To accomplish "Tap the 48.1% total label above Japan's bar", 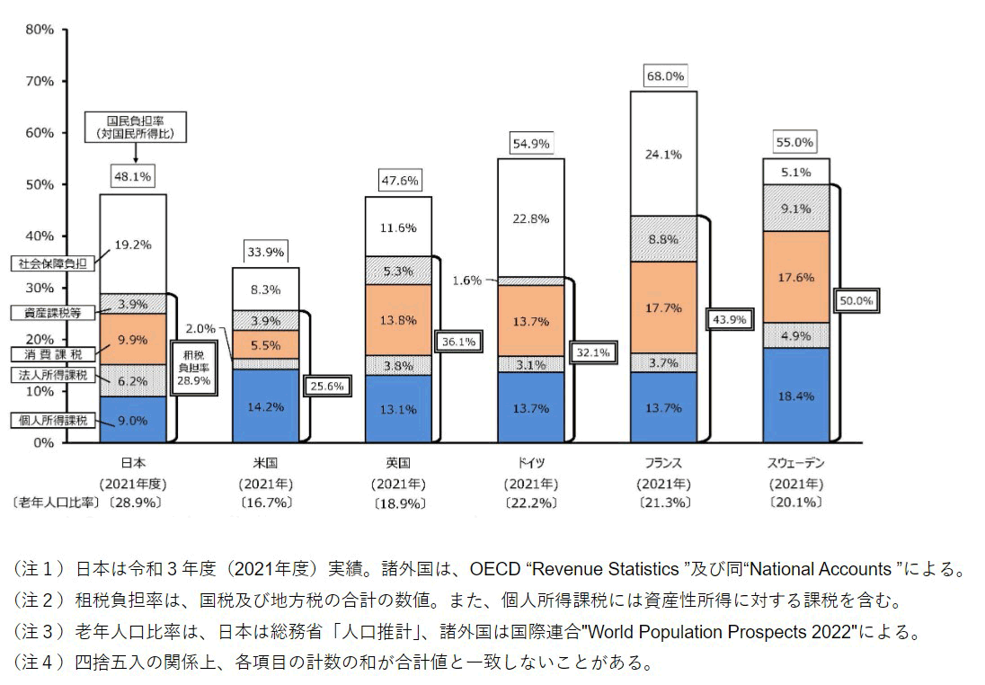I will pyautogui.click(x=132, y=176).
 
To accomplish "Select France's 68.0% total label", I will pyautogui.click(x=665, y=76).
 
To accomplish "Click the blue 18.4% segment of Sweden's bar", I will pyautogui.click(x=795, y=396).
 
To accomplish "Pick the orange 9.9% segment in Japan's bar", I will pyautogui.click(x=132, y=340).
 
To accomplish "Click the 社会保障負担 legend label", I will pyautogui.click(x=50, y=263).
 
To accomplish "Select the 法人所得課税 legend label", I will pyautogui.click(x=50, y=373).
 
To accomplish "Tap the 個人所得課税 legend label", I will pyautogui.click(x=50, y=420).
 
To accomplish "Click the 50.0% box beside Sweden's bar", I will pyautogui.click(x=856, y=301).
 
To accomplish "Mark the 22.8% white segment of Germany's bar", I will pyautogui.click(x=530, y=218).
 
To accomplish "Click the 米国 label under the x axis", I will pyautogui.click(x=265, y=463).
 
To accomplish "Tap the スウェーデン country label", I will pyautogui.click(x=795, y=463).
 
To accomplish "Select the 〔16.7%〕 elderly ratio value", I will pyautogui.click(x=265, y=503).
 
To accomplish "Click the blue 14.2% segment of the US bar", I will pyautogui.click(x=265, y=406).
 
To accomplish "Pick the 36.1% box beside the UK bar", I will pyautogui.click(x=458, y=342).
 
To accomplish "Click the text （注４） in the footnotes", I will pyautogui.click(x=39, y=664).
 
